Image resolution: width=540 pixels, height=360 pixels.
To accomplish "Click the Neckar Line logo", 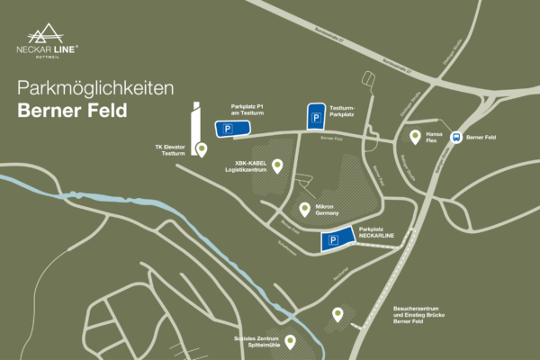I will pos(53,40).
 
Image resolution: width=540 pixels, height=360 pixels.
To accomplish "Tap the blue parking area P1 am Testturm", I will pos(228,130).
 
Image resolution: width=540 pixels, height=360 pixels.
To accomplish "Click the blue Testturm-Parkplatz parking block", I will pos(317,117).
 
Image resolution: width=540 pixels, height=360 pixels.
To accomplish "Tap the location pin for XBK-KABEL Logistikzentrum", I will pos(277,165).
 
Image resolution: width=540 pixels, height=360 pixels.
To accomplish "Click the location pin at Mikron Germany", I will pos(305,209).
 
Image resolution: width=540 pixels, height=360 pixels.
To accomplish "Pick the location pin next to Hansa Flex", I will pos(415,137).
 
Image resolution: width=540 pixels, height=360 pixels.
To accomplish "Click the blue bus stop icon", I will pos(456,138).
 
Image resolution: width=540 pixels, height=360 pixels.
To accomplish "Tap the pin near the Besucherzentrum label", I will pos(337,314).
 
